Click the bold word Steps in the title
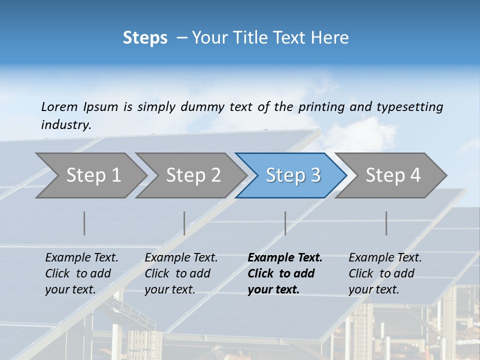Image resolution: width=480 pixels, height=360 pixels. point(145,38)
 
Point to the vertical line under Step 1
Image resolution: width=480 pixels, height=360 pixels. point(84,223)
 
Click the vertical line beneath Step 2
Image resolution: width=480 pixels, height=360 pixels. point(184,223)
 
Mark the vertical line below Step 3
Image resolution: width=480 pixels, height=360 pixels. point(285,223)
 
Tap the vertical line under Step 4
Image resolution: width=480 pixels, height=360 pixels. point(386,223)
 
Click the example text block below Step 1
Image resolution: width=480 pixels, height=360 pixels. point(81,273)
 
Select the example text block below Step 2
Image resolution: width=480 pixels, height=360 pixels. point(181,273)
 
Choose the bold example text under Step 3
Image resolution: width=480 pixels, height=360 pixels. point(285,273)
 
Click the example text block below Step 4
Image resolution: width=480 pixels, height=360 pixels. point(385,273)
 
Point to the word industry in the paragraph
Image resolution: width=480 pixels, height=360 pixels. point(66,125)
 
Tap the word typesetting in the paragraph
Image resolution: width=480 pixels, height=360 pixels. point(409,107)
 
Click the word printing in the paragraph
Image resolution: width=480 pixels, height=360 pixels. point(319,107)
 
